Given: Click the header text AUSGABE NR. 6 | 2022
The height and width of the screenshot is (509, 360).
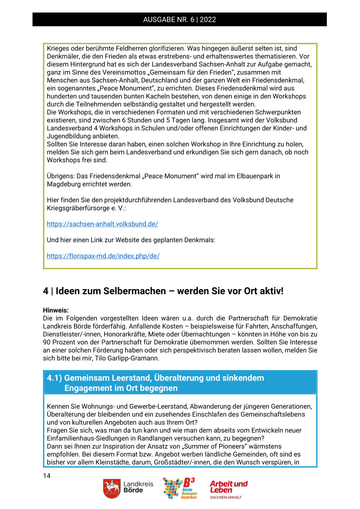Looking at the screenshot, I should coord(180,20).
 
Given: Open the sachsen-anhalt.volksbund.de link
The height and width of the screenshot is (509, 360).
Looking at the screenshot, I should coord(102,224).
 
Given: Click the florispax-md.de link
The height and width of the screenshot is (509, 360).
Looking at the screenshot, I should coord(103,256).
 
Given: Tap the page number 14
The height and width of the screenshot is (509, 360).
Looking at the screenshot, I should coord(47,475).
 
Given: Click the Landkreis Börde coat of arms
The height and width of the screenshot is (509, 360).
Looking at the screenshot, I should coord(112,489).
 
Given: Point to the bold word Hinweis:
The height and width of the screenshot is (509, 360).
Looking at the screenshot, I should coord(56,310).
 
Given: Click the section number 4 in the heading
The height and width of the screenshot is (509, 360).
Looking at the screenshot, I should coord(45,290).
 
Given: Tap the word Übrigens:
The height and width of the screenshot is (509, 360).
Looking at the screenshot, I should coord(62,176).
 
